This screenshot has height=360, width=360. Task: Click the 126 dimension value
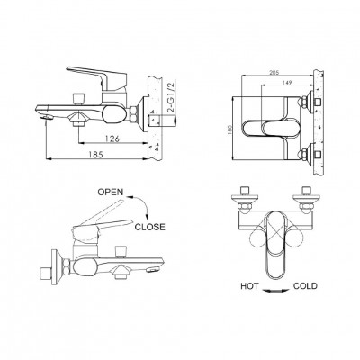(x=112, y=139)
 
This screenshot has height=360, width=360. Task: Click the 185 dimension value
(x=95, y=155)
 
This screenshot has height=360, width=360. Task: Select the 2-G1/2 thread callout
(x=172, y=98)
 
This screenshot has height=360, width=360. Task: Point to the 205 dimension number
(x=274, y=72)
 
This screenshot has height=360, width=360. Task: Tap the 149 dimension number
(x=287, y=82)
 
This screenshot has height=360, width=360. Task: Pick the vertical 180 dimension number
(x=230, y=130)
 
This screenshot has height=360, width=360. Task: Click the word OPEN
(x=111, y=192)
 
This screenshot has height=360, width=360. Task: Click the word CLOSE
(x=149, y=227)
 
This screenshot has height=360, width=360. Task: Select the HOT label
(x=249, y=286)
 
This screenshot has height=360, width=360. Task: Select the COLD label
(x=305, y=286)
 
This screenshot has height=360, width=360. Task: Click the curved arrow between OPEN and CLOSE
(x=142, y=204)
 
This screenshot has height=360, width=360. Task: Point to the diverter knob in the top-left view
(x=79, y=99)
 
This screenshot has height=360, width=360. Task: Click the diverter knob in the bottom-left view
(x=121, y=252)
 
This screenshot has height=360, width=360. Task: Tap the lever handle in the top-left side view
(x=97, y=76)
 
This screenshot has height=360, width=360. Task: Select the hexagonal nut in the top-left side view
(x=133, y=114)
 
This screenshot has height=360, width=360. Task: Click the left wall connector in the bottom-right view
(x=245, y=201)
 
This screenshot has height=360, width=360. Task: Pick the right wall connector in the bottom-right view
(x=306, y=201)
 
